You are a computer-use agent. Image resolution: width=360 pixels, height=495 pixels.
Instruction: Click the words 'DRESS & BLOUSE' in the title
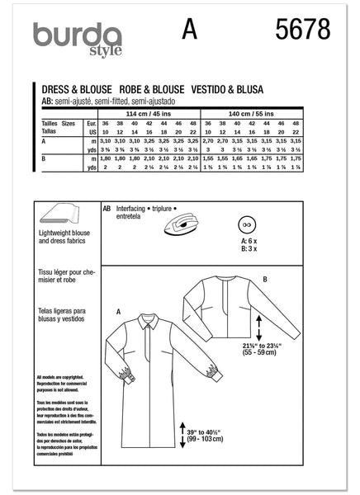pos(73,85)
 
